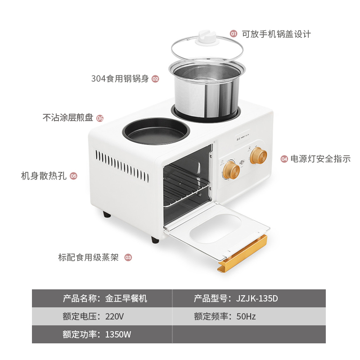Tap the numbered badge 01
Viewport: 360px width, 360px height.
(x=234, y=34)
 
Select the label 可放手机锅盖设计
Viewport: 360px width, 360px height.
(x=276, y=34)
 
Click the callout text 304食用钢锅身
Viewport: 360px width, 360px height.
(x=120, y=79)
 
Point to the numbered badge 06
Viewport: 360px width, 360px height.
(x=100, y=118)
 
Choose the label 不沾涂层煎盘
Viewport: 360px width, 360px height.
(x=68, y=118)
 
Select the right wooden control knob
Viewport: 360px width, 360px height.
(x=258, y=156)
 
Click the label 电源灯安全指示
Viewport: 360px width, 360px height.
(x=320, y=158)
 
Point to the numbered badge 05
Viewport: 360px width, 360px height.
(x=74, y=176)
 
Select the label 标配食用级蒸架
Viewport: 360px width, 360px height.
(x=88, y=257)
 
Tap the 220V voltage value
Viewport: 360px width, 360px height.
(x=114, y=316)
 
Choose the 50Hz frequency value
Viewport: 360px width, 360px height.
(x=246, y=316)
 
